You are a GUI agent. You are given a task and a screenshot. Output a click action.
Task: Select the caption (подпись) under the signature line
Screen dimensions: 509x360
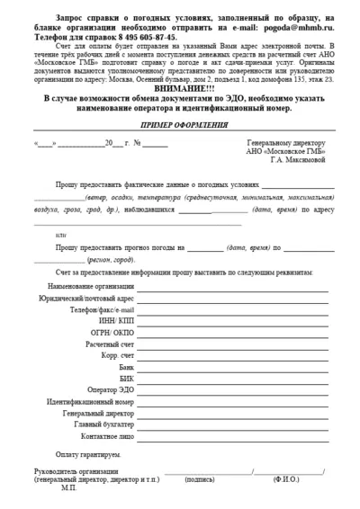click(200, 480)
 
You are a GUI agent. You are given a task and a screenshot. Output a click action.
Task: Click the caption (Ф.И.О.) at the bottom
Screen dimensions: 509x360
click(289, 480)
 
